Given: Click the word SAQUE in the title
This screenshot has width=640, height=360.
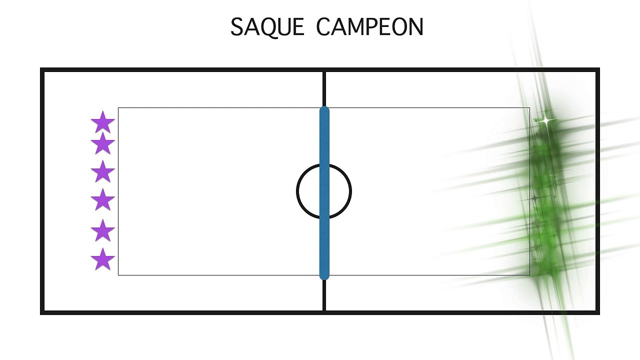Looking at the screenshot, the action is (267, 27).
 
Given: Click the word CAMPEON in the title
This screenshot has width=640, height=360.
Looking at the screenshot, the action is (369, 26).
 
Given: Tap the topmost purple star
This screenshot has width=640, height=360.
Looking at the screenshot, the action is (103, 122).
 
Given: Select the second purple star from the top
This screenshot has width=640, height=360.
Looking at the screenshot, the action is (103, 143).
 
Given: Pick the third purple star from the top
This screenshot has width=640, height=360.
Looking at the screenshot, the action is (103, 171).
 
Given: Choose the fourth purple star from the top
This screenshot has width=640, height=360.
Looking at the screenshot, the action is (103, 199).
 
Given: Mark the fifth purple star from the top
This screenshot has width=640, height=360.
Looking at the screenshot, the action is (103, 230).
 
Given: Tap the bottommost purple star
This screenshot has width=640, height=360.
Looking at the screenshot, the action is (103, 259).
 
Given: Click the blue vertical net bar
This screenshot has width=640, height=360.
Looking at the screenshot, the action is (324, 193).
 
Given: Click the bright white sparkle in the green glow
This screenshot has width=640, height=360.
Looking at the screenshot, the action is (545, 120).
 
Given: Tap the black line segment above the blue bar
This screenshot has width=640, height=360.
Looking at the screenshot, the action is (324, 89).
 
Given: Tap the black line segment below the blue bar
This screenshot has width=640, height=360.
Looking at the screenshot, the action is (324, 295).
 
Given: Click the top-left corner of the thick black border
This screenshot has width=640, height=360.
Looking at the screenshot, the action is (42, 69).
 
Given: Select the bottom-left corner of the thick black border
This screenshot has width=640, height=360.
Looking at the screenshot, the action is (42, 313).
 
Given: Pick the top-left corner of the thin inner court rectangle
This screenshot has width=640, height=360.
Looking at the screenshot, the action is (118, 107).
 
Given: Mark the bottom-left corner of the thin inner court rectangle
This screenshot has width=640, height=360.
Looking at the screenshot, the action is (118, 275).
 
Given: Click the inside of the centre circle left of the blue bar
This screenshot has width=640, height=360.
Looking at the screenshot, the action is (308, 191).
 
